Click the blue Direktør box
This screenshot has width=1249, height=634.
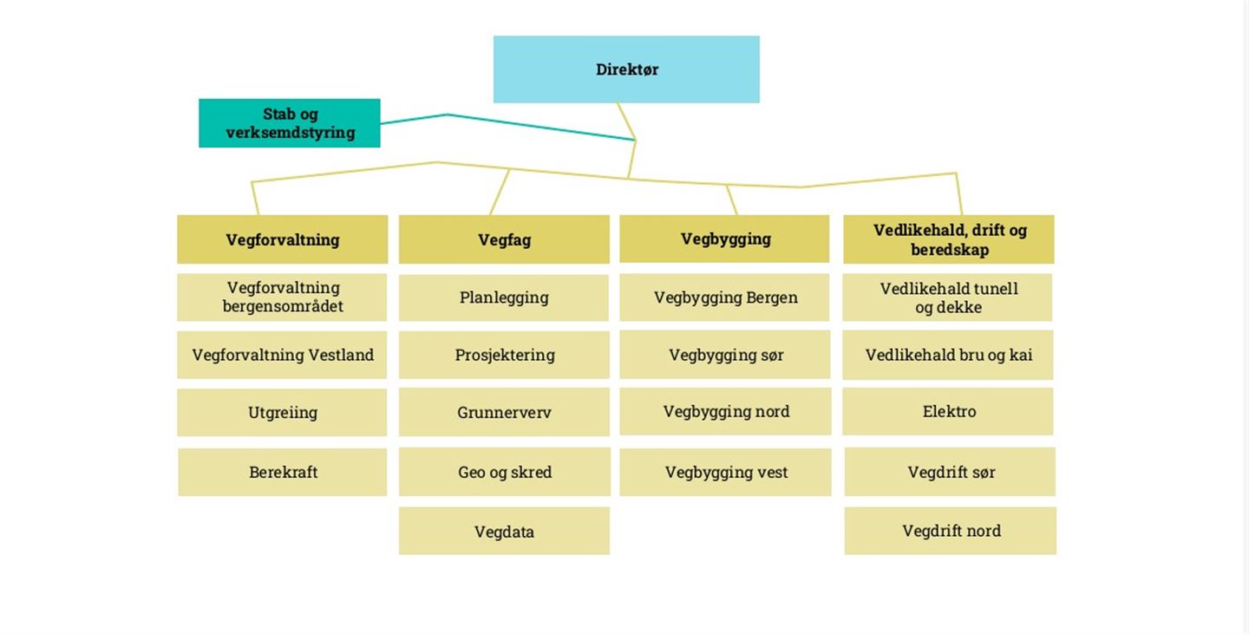[x=626, y=69]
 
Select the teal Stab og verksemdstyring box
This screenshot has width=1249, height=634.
[x=290, y=123]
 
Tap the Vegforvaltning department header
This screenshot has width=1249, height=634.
[x=283, y=239]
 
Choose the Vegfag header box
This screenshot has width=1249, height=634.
[x=504, y=239]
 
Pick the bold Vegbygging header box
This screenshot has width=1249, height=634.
[x=725, y=239]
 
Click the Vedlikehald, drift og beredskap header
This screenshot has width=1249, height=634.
[x=949, y=239]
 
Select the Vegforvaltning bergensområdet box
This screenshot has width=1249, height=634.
[x=283, y=297]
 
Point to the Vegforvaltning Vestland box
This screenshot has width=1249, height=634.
[x=283, y=355]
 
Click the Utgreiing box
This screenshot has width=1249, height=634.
[x=283, y=412]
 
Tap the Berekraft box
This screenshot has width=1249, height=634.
[x=283, y=472]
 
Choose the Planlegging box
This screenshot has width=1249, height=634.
[x=504, y=297]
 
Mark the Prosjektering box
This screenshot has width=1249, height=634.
[x=504, y=355]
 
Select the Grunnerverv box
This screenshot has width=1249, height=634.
[x=504, y=412]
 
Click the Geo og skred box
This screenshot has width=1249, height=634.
[x=505, y=472]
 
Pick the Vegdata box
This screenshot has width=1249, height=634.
[x=504, y=531]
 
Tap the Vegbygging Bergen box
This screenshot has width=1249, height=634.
[x=725, y=297]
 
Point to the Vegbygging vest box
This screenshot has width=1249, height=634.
[x=726, y=472]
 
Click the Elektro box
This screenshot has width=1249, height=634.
[x=949, y=411]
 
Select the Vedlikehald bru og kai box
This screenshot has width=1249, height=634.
[x=948, y=355]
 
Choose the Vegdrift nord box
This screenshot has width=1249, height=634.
[x=951, y=531]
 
